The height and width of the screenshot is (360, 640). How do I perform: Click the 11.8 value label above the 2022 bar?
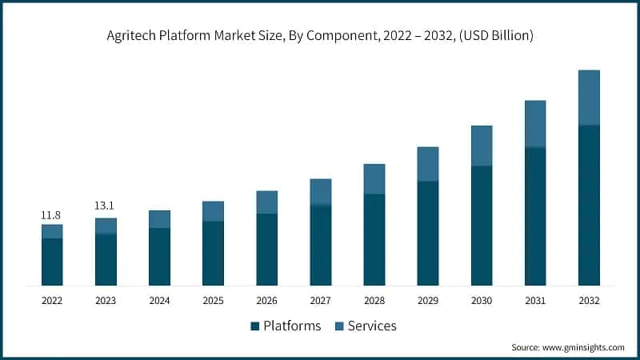[52, 215]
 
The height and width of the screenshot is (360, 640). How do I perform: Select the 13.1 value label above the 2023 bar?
[105, 206]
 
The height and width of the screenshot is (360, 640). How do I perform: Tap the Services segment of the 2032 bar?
[589, 98]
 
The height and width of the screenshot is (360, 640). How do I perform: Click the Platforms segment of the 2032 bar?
[589, 206]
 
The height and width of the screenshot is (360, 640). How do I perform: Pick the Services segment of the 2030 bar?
[482, 146]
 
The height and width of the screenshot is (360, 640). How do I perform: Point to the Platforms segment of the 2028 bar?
[374, 240]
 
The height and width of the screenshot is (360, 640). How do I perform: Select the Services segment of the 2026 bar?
[266, 202]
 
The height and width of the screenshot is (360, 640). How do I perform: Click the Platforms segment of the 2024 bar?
[159, 257]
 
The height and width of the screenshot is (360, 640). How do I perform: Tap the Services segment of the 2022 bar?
[52, 231]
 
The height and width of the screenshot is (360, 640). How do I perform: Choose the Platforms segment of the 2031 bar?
[535, 217]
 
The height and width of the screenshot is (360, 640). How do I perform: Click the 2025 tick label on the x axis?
[213, 301]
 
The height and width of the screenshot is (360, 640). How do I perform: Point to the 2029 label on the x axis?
[428, 301]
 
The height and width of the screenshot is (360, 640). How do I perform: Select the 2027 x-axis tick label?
[321, 301]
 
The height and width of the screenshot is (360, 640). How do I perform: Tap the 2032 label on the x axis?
[589, 301]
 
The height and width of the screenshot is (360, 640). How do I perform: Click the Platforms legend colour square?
[255, 326]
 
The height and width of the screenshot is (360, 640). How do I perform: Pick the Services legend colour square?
[340, 326]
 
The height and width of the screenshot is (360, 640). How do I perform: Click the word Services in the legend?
[372, 326]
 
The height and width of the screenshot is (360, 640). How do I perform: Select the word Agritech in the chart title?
[130, 36]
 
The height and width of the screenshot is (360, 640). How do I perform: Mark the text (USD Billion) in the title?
[490, 36]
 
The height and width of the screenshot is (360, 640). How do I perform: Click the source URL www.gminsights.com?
[582, 347]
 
